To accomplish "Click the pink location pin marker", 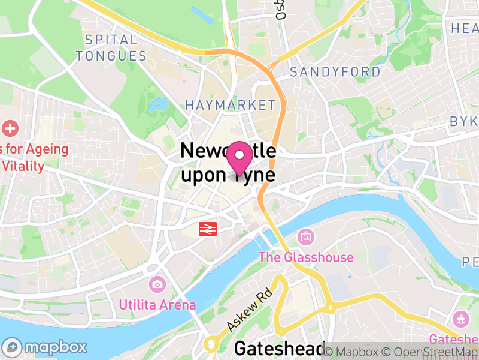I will pos(239,158).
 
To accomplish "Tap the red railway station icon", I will pos(208,229).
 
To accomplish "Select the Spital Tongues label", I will pos(115,48).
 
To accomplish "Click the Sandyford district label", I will pos(335,72).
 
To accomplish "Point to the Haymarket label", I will pos(230,105).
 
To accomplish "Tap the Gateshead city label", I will pos(279,349).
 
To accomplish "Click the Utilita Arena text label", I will pos(157,305).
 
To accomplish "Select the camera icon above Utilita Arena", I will pos(157,284).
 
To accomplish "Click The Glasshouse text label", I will pos(305,257).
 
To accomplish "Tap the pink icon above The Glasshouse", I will pos(305,237).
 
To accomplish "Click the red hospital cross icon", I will pos(10,128).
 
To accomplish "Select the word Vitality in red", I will pos(23,166).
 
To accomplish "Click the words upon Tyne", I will pos(228,175).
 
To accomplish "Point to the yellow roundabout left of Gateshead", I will pos(210,344).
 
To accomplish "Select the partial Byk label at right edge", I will pos(464,122).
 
